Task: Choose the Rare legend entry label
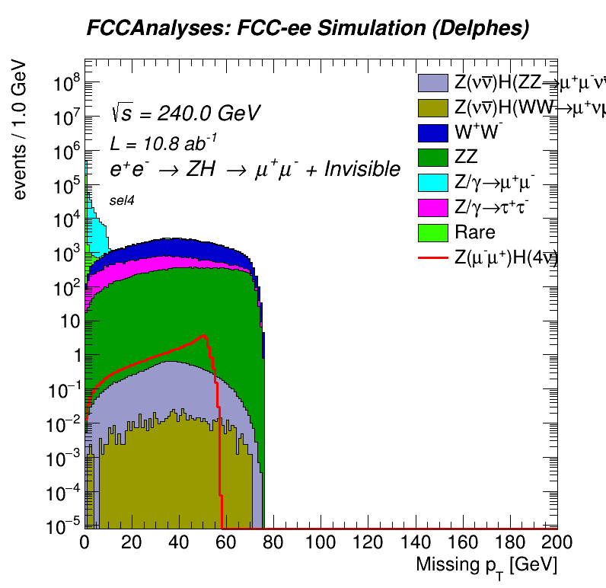[474, 232]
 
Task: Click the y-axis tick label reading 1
[72, 355]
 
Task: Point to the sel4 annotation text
[122, 200]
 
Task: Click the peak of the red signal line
[203, 336]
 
